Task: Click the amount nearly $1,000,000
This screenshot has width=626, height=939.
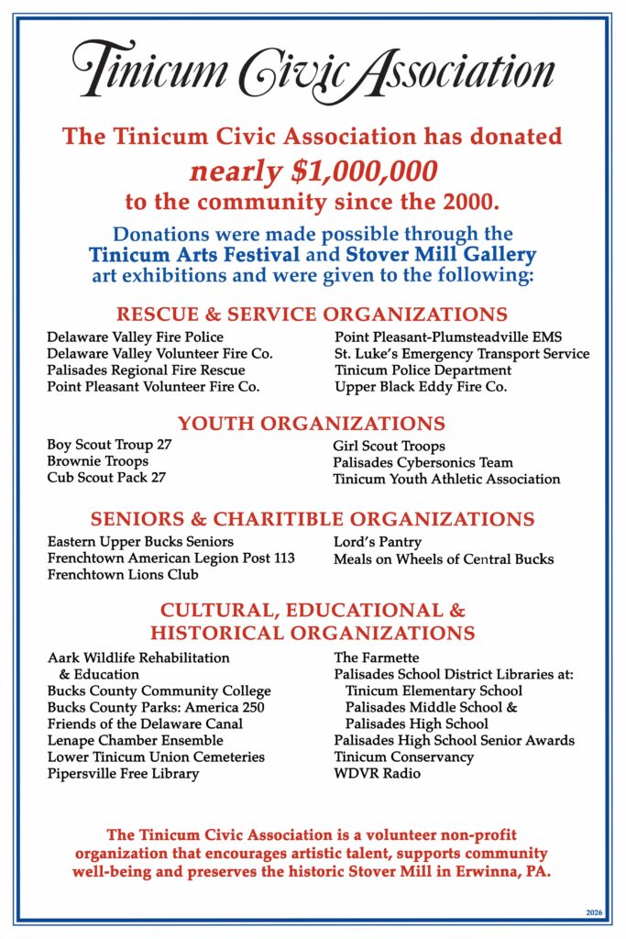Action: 313,170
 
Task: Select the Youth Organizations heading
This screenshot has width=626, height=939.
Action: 312,424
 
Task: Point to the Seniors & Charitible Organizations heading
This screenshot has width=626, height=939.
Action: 313,520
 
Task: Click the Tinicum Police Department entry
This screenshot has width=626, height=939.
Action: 423,370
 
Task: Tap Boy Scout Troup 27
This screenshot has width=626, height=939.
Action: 109,446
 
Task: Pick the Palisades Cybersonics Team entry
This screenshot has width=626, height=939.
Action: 423,462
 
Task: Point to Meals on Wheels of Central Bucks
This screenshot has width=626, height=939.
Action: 443,558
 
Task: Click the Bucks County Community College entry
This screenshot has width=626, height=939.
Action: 159,690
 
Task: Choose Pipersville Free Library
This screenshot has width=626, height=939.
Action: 123,773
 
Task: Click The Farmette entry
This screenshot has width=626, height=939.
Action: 376,657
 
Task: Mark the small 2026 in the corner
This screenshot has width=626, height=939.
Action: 593,912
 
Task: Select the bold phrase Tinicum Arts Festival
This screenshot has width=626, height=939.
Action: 193,254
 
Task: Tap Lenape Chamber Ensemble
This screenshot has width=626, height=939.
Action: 135,740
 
